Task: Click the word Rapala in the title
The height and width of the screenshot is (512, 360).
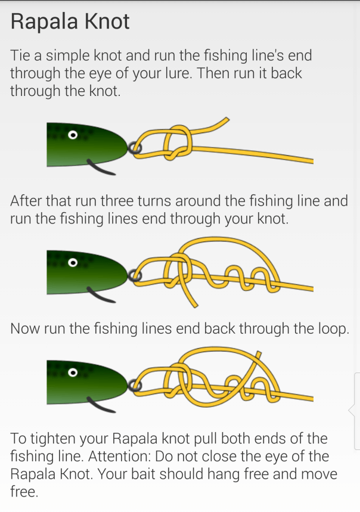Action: tap(44, 22)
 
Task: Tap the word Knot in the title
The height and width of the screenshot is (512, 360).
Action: tap(107, 21)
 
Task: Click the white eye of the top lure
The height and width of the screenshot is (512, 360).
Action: tap(73, 135)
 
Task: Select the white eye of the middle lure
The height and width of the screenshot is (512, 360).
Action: tap(73, 262)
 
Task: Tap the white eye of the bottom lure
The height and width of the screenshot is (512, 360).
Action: tap(73, 373)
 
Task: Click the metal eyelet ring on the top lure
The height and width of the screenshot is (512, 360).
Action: tap(134, 148)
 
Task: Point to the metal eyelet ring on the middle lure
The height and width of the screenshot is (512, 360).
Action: tap(134, 275)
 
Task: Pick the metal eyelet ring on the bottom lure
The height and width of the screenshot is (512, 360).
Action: tap(134, 386)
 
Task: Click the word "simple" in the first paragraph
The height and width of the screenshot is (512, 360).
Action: tap(67, 56)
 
